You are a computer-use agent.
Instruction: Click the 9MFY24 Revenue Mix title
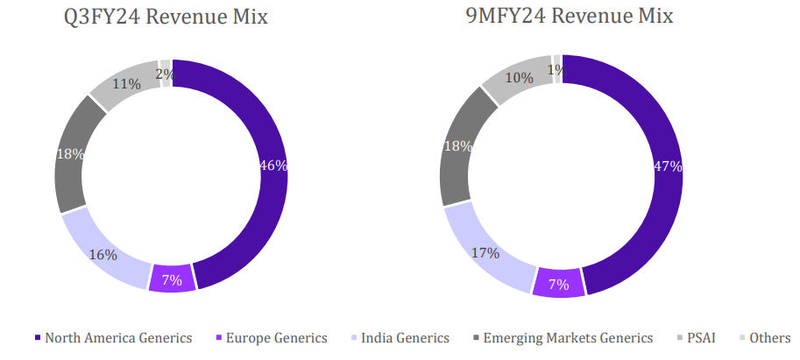561,17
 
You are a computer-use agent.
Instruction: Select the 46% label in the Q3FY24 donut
273,165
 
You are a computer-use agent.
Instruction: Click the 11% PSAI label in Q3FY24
126,85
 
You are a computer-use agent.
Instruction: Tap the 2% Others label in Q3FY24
164,74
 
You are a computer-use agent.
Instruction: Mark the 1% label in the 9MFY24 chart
554,69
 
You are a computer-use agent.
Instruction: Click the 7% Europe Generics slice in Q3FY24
172,279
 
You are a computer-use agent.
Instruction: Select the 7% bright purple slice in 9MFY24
558,284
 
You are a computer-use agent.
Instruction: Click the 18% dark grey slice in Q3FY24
71,154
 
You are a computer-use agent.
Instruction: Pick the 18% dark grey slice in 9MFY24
457,146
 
